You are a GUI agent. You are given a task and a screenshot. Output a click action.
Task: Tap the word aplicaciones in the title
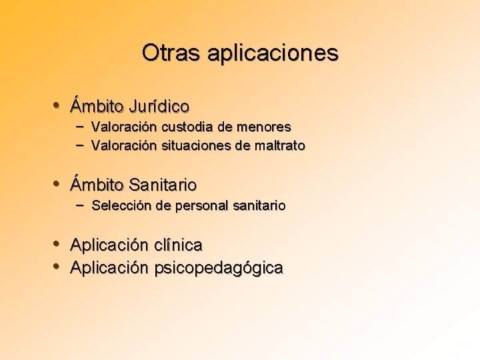[273, 53]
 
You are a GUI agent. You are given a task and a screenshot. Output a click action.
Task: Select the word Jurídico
[159, 107]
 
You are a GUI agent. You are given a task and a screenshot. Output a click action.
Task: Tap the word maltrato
[280, 145]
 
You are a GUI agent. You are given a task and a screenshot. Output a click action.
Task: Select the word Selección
[121, 206]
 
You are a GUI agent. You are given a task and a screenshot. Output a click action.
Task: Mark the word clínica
[178, 245]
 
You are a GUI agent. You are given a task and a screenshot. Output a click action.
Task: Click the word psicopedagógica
[219, 269]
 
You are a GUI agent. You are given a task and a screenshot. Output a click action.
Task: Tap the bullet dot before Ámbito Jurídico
[58, 105]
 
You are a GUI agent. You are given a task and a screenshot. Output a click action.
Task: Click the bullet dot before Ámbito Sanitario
[58, 183]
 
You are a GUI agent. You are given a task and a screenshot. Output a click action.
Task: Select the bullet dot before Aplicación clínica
[58, 244]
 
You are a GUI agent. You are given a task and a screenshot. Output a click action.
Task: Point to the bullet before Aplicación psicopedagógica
[58, 267]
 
